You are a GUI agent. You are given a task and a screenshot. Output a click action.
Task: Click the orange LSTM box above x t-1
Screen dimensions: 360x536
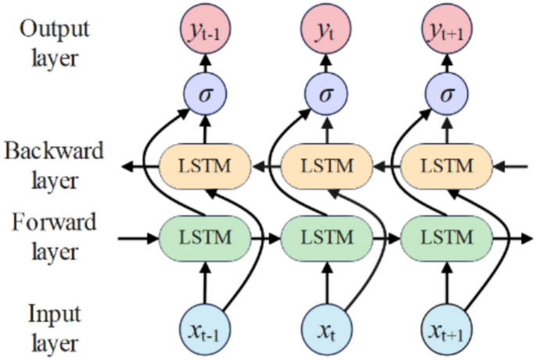point(205,166)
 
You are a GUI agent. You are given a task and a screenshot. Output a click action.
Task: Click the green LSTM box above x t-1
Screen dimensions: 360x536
point(205,236)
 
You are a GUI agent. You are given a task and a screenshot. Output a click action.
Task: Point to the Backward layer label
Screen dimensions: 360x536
point(52,165)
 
